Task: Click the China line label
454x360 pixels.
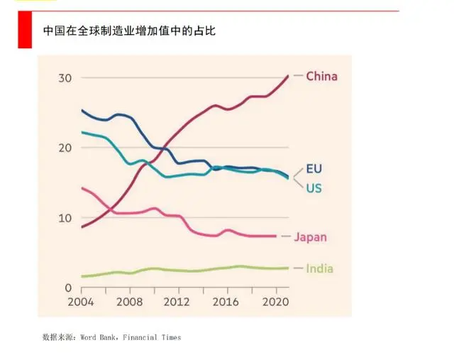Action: pyautogui.click(x=321, y=76)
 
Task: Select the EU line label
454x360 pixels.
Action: pyautogui.click(x=315, y=169)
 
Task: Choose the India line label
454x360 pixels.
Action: pyautogui.click(x=319, y=268)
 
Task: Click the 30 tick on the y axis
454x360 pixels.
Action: pyautogui.click(x=65, y=77)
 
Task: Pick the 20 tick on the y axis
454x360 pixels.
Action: pyautogui.click(x=65, y=148)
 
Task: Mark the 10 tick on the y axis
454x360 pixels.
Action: pyautogui.click(x=65, y=218)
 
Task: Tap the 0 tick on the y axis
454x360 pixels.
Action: pyautogui.click(x=68, y=288)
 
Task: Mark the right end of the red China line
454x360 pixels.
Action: pyautogui.click(x=287, y=75)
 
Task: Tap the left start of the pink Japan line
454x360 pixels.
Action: pyautogui.click(x=82, y=188)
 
